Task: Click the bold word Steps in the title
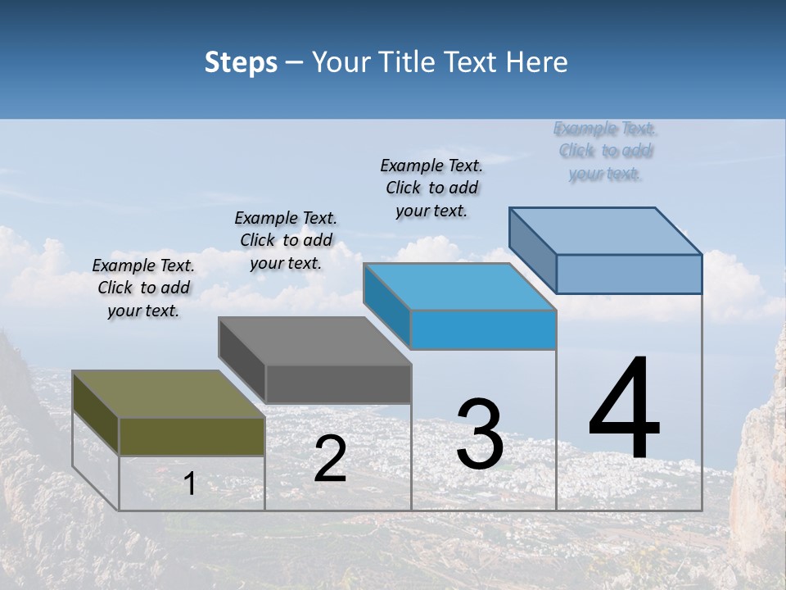click(x=241, y=62)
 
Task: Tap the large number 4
click(x=624, y=411)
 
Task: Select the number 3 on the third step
click(x=480, y=434)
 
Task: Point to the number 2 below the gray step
click(x=330, y=459)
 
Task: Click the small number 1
click(x=189, y=484)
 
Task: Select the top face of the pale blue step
click(x=606, y=231)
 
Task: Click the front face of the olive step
click(x=192, y=436)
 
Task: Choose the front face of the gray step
click(x=338, y=383)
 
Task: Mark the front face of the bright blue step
click(x=483, y=329)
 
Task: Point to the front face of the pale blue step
click(x=629, y=274)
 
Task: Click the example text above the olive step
click(x=143, y=288)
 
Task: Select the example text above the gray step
click(x=286, y=240)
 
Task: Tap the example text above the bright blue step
click(x=431, y=188)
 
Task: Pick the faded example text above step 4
click(x=605, y=151)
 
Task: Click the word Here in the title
click(x=536, y=62)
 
